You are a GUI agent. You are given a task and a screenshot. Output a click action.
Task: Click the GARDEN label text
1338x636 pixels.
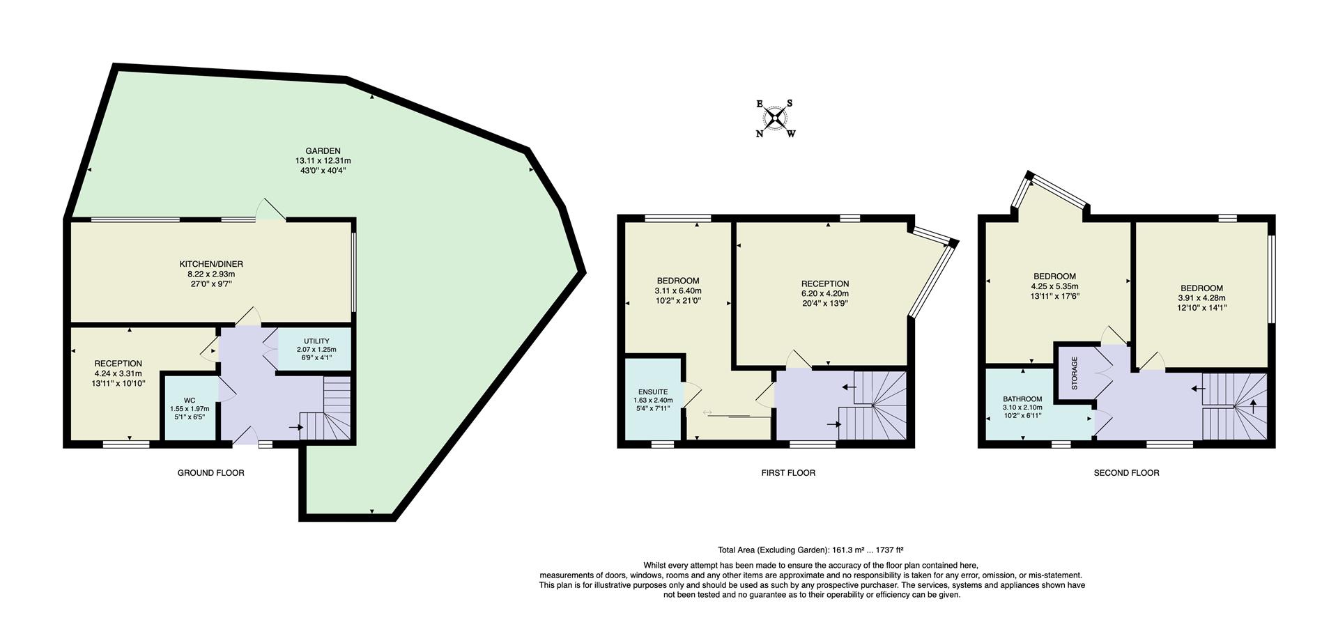pyautogui.click(x=323, y=150)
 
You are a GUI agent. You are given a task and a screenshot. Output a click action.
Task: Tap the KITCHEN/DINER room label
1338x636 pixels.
pyautogui.click(x=211, y=264)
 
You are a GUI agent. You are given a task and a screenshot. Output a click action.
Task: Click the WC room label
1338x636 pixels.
pyautogui.click(x=190, y=401)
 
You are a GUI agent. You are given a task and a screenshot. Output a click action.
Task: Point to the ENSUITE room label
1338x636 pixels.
pyautogui.click(x=653, y=392)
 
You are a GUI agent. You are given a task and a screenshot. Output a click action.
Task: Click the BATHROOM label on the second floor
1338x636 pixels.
pyautogui.click(x=1022, y=399)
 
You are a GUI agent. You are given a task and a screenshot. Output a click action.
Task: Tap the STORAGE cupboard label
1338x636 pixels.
pyautogui.click(x=1075, y=373)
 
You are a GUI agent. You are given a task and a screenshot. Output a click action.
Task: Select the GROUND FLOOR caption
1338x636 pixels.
pyautogui.click(x=210, y=473)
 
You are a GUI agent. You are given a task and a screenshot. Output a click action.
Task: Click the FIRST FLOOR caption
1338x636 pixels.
pyautogui.click(x=788, y=473)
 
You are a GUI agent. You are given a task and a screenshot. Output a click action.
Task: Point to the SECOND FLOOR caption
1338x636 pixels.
pyautogui.click(x=1126, y=473)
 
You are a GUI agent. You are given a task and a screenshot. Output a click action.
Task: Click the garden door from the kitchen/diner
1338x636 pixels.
pyautogui.click(x=270, y=211)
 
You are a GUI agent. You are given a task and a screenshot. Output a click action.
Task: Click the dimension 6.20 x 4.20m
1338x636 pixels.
pyautogui.click(x=825, y=294)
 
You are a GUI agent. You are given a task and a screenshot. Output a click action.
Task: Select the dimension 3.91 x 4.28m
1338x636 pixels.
pyautogui.click(x=1201, y=298)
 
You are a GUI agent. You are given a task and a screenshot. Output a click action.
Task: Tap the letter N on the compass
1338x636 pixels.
pyautogui.click(x=760, y=134)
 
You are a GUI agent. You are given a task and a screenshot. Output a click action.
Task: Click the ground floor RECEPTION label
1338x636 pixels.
pyautogui.click(x=118, y=364)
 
